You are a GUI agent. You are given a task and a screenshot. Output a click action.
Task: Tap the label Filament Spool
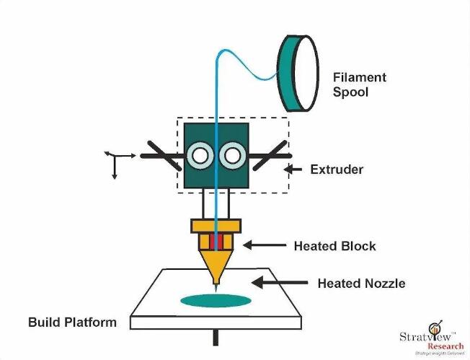pos(360,85)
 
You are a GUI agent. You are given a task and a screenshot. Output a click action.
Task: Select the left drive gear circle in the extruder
pos(200,154)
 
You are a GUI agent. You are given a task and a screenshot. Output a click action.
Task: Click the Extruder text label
pos(337,170)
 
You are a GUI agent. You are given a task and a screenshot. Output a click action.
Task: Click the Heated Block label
pos(334,246)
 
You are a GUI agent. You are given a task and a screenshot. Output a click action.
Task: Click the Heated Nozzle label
pos(361,284)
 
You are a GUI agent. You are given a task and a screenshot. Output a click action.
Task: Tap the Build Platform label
pos(71,322)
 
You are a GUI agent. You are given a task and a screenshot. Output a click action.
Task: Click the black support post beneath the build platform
pos(216,337)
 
